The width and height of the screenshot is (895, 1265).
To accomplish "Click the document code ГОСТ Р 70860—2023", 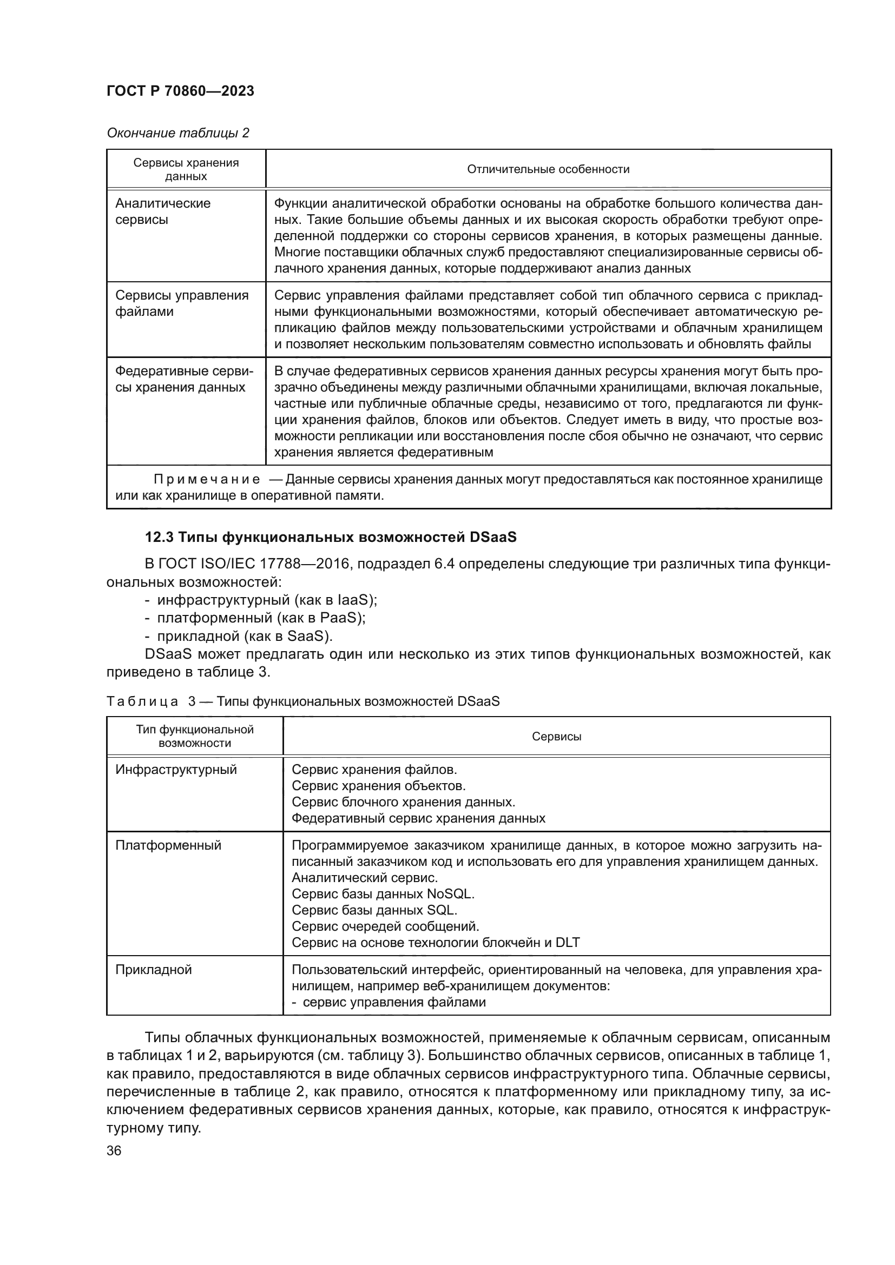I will (180, 91).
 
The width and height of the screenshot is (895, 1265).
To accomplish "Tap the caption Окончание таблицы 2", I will (177, 133).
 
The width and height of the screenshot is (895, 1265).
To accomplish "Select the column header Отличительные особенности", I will (548, 169).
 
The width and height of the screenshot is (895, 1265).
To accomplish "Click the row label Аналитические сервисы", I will (162, 211).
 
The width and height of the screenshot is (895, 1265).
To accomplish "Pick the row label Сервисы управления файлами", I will (181, 303).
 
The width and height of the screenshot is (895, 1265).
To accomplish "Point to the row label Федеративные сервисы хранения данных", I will (183, 379).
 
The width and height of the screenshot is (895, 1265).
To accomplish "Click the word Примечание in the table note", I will (207, 479).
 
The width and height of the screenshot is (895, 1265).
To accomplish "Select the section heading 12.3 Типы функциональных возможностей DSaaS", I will (331, 537).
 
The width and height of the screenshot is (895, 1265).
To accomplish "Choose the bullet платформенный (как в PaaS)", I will (261, 618).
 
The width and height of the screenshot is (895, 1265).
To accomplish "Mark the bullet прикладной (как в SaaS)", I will (245, 636).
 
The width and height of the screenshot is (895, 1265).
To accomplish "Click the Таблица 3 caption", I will (302, 701).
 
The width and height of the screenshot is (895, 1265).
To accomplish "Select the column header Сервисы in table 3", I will (556, 737).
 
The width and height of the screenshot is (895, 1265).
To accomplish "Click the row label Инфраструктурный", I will (176, 770).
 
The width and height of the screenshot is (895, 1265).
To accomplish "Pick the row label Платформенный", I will (168, 845).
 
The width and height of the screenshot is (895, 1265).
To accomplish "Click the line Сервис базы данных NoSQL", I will (383, 893).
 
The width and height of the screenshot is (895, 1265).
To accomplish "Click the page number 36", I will (114, 1151).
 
